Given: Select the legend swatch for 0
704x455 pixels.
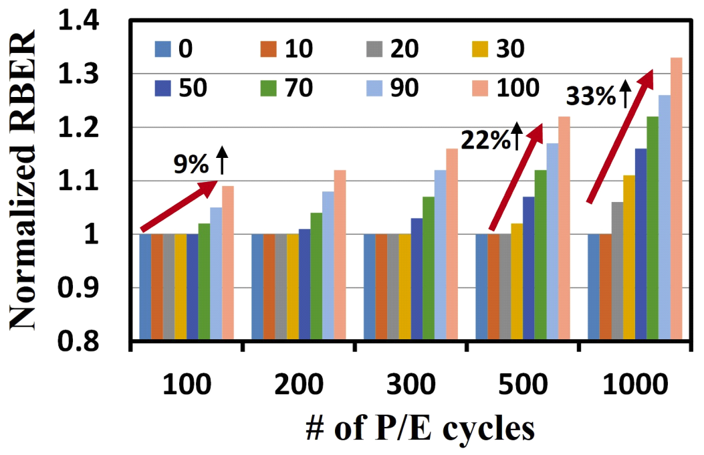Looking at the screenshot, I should click(x=162, y=50).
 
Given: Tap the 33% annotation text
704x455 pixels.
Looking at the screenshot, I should click(x=590, y=98).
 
